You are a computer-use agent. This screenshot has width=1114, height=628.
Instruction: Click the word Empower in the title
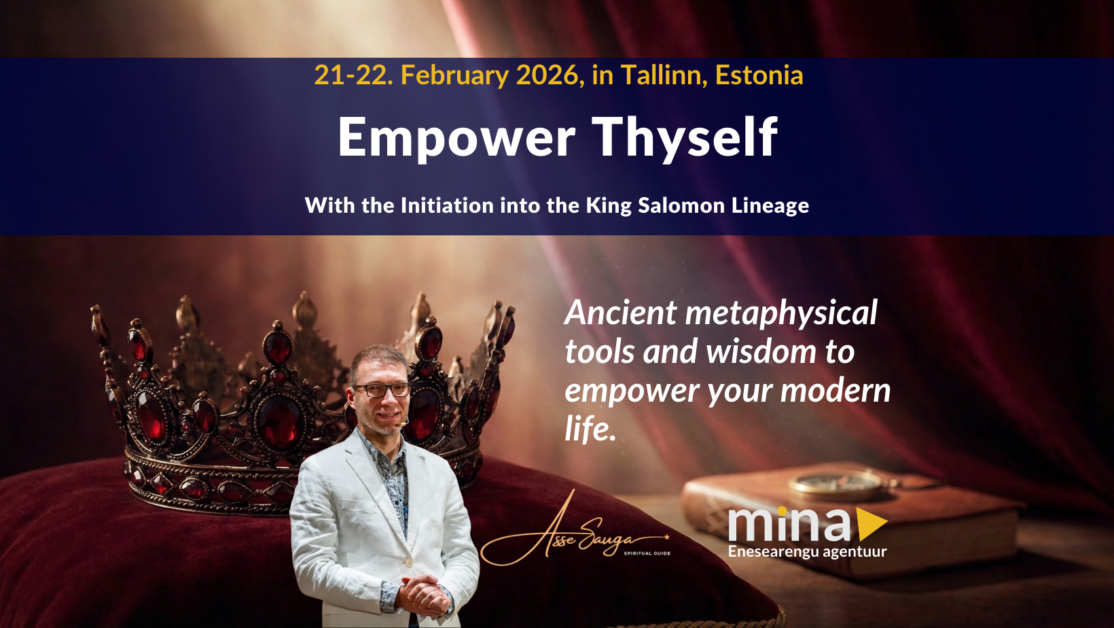tap(456, 137)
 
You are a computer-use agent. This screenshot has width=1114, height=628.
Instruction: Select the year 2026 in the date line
tap(547, 75)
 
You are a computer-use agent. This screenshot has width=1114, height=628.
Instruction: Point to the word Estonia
tap(759, 75)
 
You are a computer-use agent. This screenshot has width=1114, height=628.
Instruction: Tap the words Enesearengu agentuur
tap(807, 552)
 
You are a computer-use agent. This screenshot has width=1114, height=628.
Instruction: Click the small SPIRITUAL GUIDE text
tap(647, 553)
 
